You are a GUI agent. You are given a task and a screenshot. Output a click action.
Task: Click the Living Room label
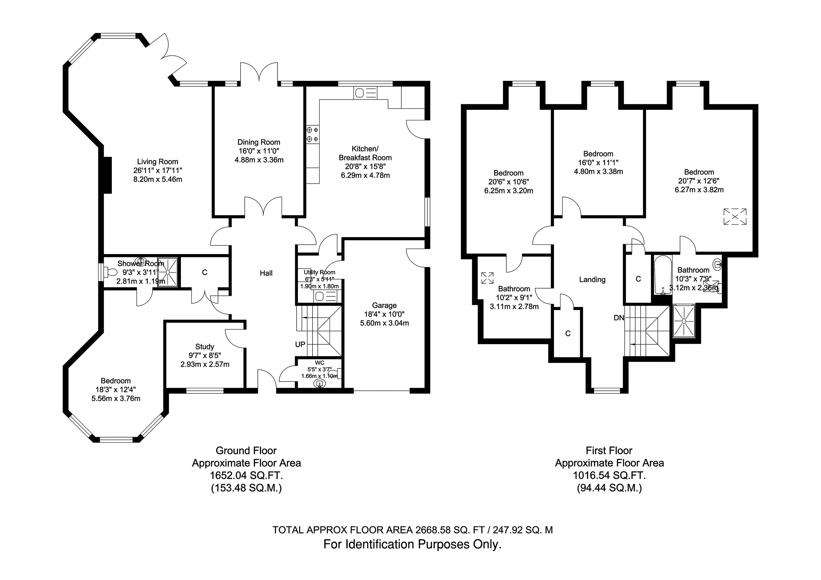[157, 162]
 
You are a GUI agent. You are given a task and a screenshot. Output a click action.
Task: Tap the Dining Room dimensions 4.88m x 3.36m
[259, 160]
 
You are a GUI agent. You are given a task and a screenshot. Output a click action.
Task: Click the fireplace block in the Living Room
[107, 175]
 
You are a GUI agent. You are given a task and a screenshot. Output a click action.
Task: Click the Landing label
[592, 280]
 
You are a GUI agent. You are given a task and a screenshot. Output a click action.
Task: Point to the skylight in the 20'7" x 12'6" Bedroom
[735, 217]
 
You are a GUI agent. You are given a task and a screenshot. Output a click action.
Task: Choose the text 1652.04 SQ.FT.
[246, 476]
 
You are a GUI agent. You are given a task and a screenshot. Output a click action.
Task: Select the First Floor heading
[609, 451]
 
